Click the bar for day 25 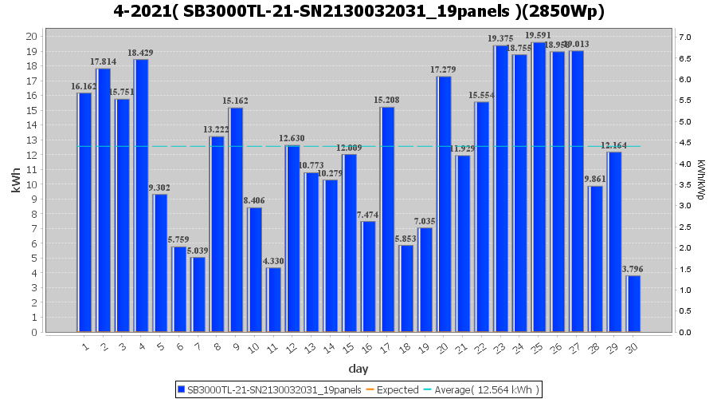[539, 188]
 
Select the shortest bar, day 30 [634, 303]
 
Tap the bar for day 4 [141, 196]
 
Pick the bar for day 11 [274, 299]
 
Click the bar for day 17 [387, 219]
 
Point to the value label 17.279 [444, 70]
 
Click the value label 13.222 [217, 130]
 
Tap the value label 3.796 [634, 269]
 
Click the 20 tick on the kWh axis [32, 36]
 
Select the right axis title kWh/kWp [701, 184]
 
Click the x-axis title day [358, 368]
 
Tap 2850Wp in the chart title [570, 13]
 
